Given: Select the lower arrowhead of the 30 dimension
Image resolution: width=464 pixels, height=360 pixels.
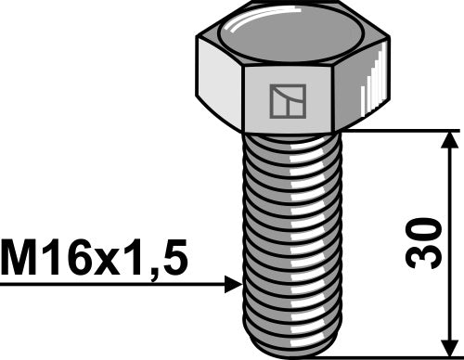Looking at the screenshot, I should point(450,344).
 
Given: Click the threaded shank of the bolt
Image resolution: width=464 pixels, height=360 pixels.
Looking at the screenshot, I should point(292,232).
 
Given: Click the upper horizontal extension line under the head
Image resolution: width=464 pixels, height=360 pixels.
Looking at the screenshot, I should point(399,130).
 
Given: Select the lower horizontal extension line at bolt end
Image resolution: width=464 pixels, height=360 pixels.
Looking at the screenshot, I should point(399,354).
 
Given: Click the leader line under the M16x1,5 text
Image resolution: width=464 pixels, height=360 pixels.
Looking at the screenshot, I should point(111,286).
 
